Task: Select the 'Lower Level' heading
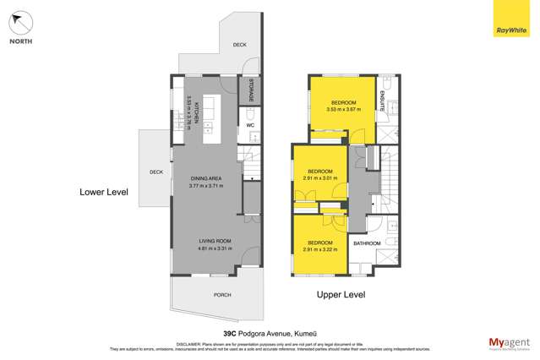coord(104,192)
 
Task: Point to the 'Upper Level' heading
coord(341,295)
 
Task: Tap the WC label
coord(250,126)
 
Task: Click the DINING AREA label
coord(207,178)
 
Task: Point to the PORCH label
coord(222,295)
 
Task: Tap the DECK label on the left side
coord(155,172)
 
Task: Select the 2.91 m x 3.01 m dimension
coord(320,178)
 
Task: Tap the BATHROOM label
coord(367,243)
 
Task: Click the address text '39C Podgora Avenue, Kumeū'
coord(270,332)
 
